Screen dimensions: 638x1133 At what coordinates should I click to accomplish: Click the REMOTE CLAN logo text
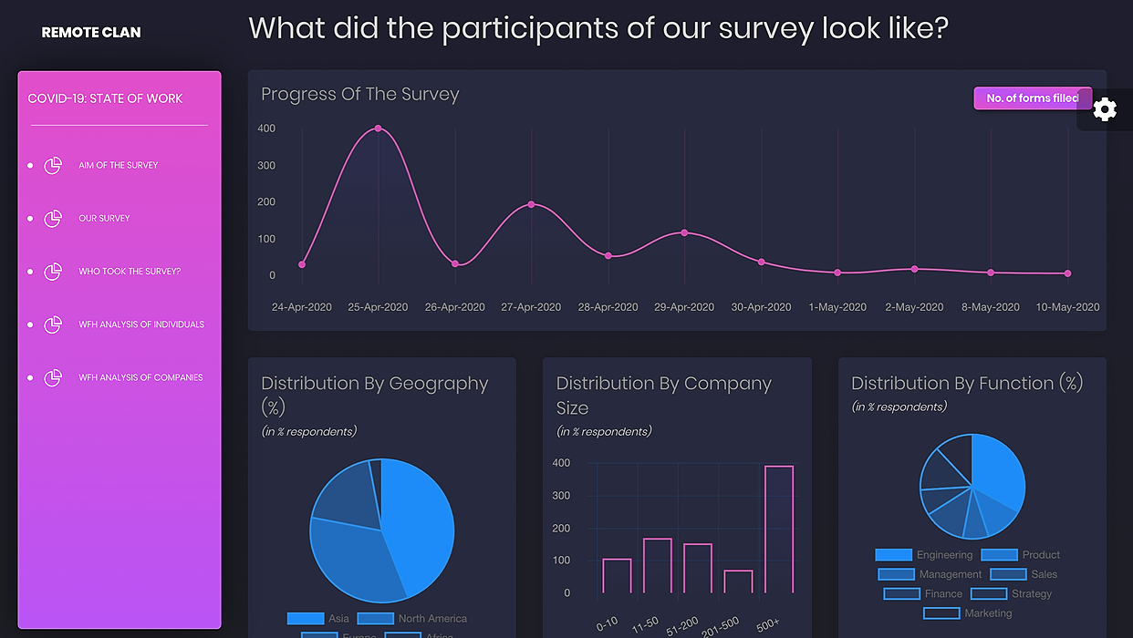91,33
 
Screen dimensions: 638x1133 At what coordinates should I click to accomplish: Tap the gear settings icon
1105,109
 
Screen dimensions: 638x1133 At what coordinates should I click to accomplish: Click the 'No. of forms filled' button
1031,98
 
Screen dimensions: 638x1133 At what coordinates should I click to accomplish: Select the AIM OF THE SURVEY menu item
118,166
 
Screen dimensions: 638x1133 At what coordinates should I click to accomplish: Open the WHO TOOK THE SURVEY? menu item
130,272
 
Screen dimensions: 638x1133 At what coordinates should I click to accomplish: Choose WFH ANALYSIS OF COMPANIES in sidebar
140,377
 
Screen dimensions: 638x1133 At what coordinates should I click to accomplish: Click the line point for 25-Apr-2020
378,129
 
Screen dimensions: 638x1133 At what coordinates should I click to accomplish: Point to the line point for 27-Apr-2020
531,204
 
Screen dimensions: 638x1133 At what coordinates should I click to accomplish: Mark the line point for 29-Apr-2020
684,233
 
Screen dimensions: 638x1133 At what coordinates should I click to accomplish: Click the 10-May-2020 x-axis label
1067,307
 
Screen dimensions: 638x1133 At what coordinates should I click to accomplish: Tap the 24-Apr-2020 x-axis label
302,307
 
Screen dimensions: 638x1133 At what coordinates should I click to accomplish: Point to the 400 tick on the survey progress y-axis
266,129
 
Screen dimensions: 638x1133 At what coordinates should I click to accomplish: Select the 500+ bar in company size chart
778,529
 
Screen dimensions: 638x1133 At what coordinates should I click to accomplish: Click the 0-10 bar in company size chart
617,576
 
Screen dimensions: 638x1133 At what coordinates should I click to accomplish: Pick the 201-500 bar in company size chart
738,581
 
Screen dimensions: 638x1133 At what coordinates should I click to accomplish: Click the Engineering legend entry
924,555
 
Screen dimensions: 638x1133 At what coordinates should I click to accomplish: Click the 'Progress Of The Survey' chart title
360,95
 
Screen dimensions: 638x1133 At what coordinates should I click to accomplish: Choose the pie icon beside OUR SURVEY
53,219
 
